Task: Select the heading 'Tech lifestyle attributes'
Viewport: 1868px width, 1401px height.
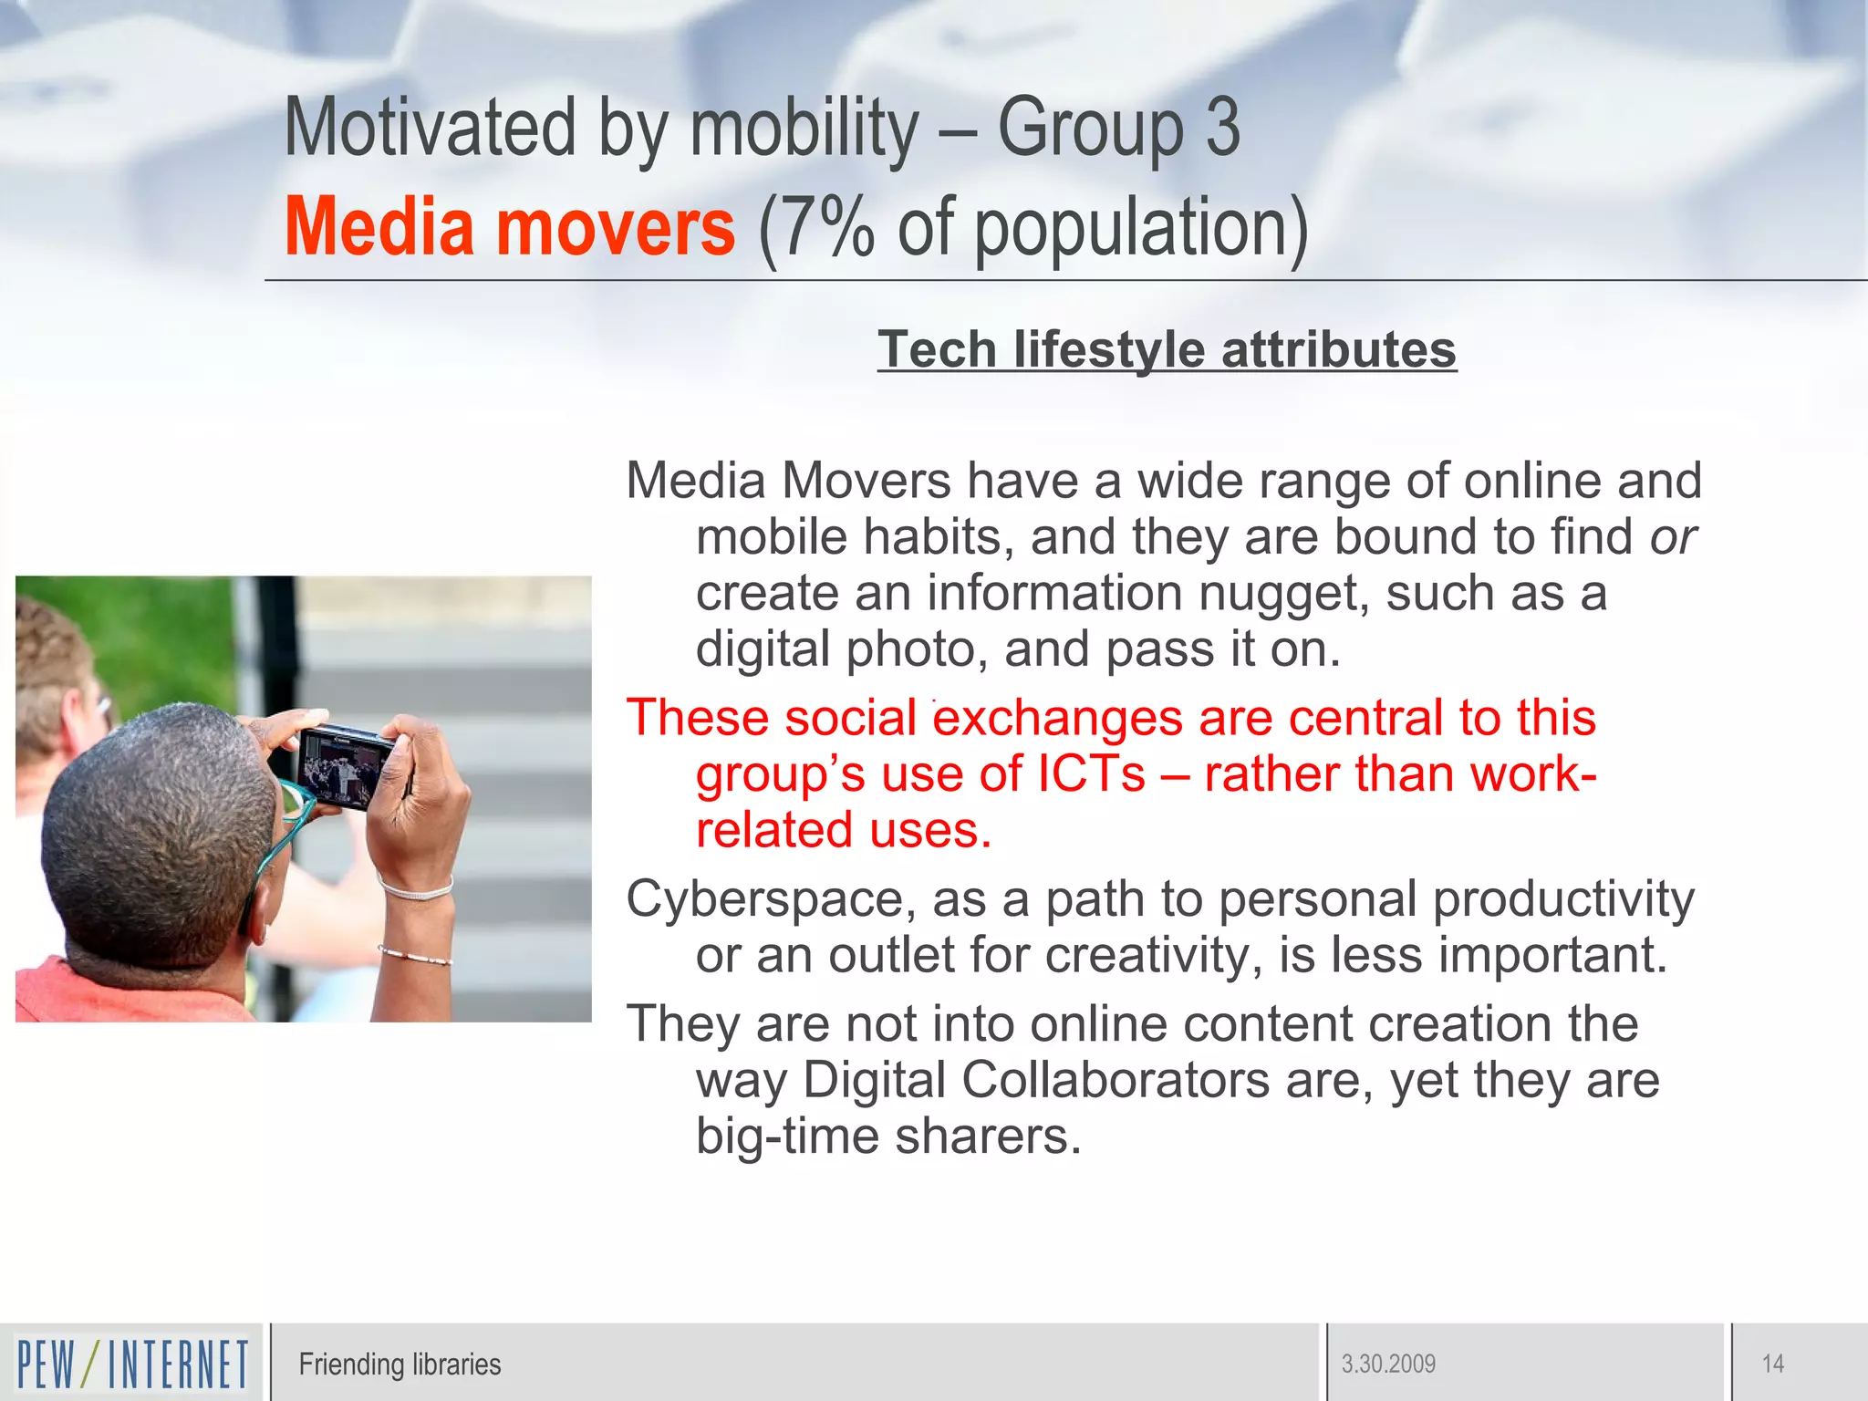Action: [1167, 349]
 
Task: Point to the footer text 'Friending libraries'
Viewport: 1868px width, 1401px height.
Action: [400, 1365]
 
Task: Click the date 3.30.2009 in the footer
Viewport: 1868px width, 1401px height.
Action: [1387, 1365]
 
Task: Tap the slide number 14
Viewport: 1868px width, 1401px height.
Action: [1772, 1365]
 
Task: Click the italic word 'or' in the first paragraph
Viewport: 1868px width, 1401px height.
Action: [1672, 537]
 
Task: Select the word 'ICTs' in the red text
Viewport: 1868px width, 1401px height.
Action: [1091, 774]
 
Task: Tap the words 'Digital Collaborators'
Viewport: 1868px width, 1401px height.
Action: [1036, 1081]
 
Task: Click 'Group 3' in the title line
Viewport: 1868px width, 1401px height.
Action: [1118, 128]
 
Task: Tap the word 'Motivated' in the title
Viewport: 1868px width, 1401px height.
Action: [430, 128]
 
